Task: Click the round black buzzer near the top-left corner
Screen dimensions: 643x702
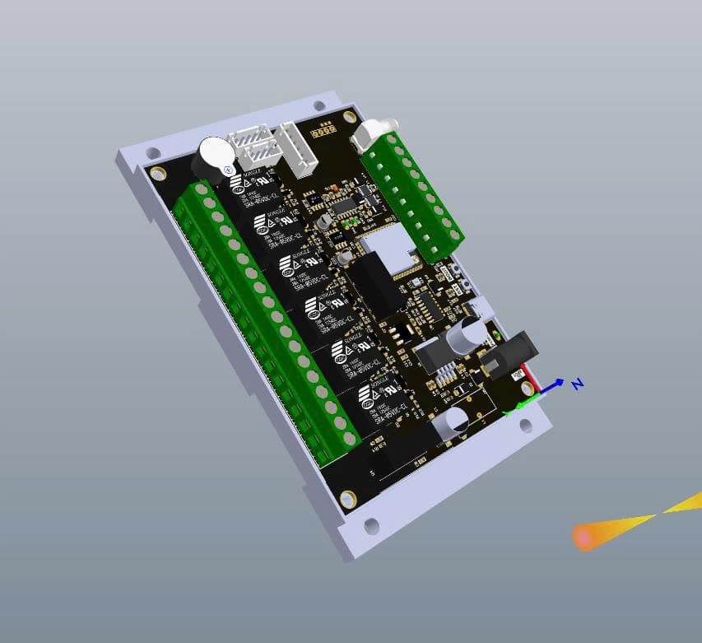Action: click(x=212, y=156)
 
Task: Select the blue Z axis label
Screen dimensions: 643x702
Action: click(x=578, y=384)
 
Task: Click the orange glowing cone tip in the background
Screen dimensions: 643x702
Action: click(x=585, y=537)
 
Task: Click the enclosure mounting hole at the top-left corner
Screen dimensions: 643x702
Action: click(x=153, y=153)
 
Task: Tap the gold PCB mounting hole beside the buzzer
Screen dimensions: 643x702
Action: click(x=157, y=173)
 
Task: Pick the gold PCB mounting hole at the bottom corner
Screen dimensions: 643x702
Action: click(x=348, y=498)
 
